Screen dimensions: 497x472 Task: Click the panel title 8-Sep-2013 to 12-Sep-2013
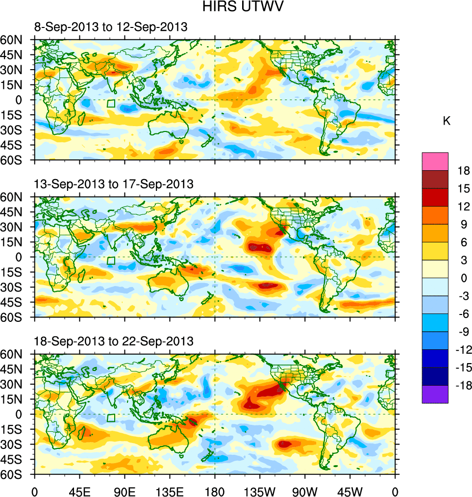click(111, 27)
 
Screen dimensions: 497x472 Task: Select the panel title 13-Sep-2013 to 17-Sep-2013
click(114, 184)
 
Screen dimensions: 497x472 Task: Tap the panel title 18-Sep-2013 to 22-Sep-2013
click(114, 341)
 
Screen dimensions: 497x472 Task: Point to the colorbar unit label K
click(447, 121)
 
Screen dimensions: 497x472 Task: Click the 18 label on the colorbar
click(463, 171)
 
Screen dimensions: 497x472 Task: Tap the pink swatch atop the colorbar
click(435, 161)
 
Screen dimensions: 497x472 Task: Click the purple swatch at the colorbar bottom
click(435, 394)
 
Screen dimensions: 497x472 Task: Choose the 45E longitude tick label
click(79, 491)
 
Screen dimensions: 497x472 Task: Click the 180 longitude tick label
click(215, 491)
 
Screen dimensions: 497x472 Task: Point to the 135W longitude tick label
click(260, 491)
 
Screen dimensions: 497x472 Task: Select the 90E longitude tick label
click(124, 491)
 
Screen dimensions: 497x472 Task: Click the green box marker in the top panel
click(111, 104)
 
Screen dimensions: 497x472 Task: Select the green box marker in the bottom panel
click(111, 418)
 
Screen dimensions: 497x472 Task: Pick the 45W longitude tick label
click(350, 491)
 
